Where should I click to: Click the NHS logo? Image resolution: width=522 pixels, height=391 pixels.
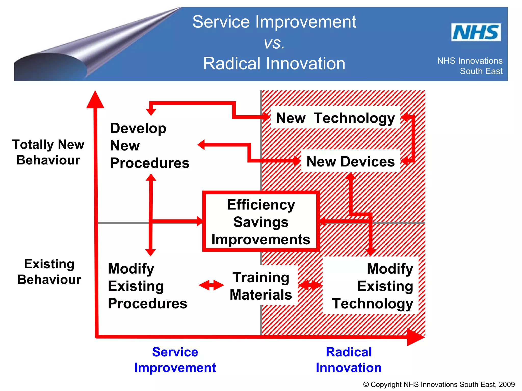476,32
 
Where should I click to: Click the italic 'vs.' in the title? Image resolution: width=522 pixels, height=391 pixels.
274,43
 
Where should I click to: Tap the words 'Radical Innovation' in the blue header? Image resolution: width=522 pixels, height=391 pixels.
274,64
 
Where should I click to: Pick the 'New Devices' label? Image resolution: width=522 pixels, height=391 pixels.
350,161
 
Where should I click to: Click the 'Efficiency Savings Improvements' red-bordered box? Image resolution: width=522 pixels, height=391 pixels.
261,222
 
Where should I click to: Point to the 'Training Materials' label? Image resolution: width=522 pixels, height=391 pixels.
261,286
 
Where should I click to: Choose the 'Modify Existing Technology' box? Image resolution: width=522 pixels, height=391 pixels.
372,286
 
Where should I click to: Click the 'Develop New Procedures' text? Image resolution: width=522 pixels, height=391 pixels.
150,145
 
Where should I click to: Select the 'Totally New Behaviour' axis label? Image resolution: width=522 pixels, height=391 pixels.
48,152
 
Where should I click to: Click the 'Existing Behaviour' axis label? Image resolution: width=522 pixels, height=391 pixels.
49,272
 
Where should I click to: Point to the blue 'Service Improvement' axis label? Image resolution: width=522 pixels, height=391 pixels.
175,360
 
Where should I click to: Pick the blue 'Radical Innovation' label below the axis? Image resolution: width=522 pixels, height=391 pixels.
349,360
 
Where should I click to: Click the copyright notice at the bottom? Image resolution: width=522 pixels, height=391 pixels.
439,384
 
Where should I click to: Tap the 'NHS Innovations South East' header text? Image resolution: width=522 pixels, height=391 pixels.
470,66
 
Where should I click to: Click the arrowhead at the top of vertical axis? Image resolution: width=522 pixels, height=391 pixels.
95,100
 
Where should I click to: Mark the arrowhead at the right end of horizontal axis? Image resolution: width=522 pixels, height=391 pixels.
415,337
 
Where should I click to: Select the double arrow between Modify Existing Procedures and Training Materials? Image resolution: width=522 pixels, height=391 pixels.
211,285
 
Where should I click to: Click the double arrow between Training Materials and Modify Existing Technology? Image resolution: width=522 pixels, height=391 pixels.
310,285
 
